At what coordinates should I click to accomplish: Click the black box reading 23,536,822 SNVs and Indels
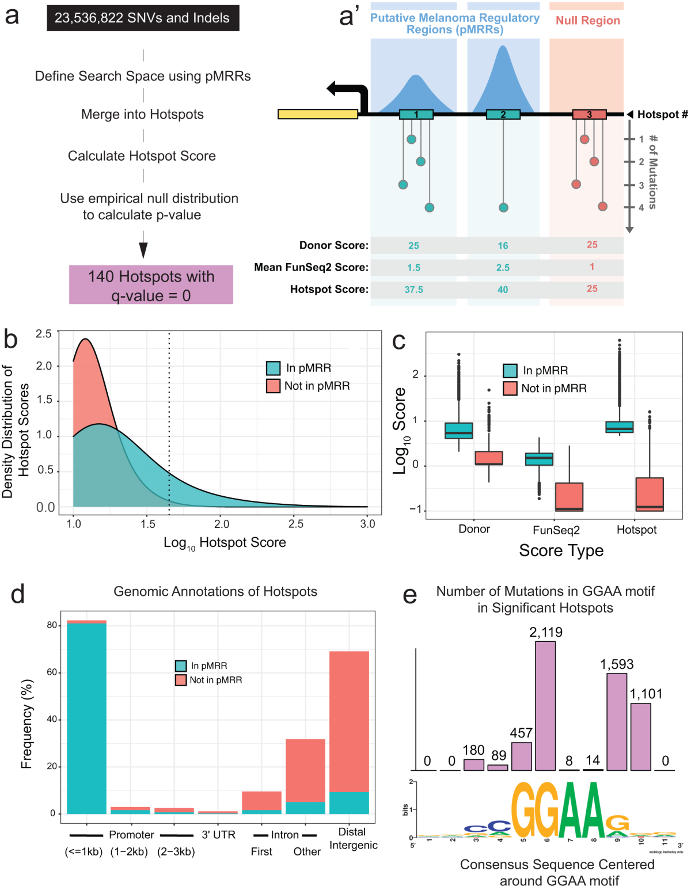(x=142, y=18)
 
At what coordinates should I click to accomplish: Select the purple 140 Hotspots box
(x=151, y=285)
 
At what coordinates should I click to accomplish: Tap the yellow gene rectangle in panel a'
(x=317, y=114)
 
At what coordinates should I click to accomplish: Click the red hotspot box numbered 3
(x=589, y=115)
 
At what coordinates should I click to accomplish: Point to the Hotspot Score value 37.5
(x=413, y=290)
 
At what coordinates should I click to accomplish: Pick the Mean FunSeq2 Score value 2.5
(x=503, y=268)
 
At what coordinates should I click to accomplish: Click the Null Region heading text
(x=587, y=21)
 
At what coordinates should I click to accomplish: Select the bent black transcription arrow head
(x=333, y=89)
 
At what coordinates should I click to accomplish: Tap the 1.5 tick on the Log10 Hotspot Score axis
(x=147, y=524)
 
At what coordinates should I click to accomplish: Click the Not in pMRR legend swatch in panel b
(x=273, y=386)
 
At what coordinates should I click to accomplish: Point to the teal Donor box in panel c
(x=459, y=431)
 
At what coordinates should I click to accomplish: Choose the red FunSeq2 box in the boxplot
(x=569, y=496)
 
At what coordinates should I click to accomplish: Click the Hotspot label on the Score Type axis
(x=636, y=530)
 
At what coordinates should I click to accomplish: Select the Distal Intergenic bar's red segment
(x=349, y=721)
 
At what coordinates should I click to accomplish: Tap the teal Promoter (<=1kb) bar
(x=86, y=718)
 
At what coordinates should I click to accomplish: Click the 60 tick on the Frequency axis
(x=52, y=672)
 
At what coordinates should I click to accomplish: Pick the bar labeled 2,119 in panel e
(x=545, y=705)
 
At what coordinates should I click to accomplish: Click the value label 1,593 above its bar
(x=617, y=664)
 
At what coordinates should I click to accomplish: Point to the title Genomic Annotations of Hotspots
(x=215, y=591)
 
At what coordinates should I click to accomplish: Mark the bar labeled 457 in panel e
(x=521, y=756)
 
